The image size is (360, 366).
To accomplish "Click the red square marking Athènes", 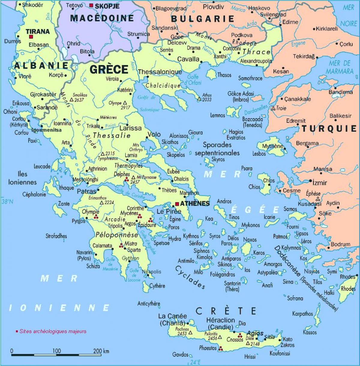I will click(177, 204).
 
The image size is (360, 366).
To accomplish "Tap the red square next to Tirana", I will click(31, 37).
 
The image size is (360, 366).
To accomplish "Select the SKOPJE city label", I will click(103, 6).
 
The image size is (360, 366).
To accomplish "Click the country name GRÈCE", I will click(109, 70).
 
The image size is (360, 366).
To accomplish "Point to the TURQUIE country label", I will click(329, 129).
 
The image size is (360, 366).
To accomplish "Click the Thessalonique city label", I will click(160, 72).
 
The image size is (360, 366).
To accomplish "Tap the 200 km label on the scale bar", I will click(101, 351).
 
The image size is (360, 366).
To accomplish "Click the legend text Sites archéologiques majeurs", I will click(53, 331).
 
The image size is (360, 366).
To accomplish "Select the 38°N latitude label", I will click(7, 202).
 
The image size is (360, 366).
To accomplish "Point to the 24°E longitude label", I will click(195, 362).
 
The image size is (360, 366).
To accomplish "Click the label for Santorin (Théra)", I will click(232, 286).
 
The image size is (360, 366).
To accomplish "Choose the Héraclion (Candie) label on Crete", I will click(220, 323).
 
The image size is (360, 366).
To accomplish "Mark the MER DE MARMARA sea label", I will click(340, 67).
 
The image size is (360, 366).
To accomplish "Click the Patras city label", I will click(86, 191).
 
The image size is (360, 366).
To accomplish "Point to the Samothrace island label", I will click(250, 78).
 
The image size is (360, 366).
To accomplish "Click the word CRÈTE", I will click(226, 311).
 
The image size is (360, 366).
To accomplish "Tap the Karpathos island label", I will click(303, 314).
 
